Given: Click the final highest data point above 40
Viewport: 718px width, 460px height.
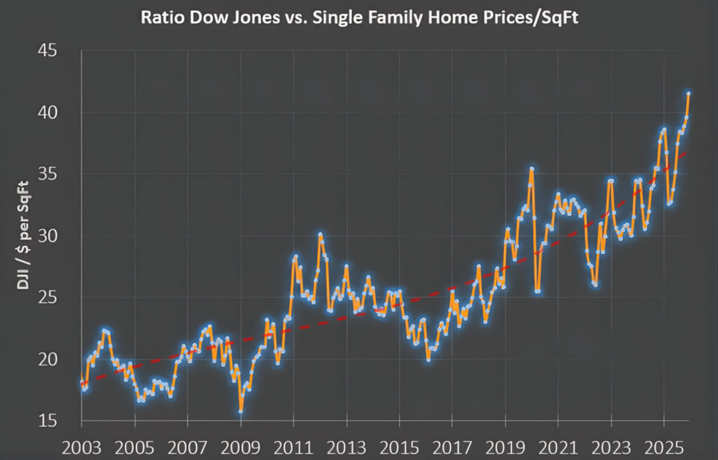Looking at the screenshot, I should [689, 93].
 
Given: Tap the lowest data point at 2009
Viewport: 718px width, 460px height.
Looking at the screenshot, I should [241, 411].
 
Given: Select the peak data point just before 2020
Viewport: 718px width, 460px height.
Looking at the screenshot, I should [532, 168].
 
